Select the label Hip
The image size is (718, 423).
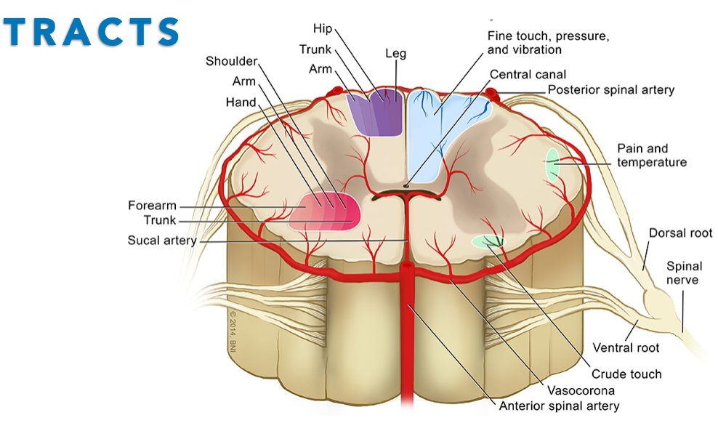click(322, 28)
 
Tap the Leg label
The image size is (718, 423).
click(395, 54)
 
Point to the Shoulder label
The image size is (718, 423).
click(231, 61)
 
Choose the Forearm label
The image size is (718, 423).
click(152, 206)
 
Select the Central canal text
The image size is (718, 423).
click(528, 74)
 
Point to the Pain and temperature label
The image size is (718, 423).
click(651, 155)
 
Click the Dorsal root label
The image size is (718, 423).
click(680, 233)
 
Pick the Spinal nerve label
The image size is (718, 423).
click(682, 273)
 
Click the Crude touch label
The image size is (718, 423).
click(626, 374)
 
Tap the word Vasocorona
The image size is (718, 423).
click(578, 390)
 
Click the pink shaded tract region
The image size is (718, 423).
click(325, 211)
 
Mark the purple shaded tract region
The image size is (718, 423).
click(376, 113)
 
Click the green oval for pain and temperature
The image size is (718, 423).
click(552, 164)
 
